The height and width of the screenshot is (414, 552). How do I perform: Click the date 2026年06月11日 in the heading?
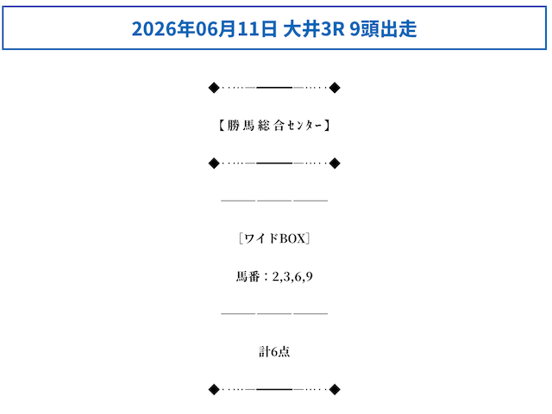click(204, 28)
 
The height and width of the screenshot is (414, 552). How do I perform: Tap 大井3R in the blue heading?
click(314, 28)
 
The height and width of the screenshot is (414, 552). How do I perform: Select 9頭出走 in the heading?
click(383, 28)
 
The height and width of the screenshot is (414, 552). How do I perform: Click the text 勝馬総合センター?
click(274, 126)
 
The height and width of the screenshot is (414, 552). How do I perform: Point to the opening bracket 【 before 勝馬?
click(222, 126)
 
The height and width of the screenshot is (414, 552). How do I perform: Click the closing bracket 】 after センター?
click(327, 126)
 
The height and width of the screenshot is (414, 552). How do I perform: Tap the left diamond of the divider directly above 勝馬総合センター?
click(214, 88)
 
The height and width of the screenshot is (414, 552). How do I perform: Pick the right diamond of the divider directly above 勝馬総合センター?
click(335, 88)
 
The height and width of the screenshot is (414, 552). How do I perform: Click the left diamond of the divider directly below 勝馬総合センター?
click(214, 164)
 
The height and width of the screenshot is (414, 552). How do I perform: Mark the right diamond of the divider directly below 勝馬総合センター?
click(335, 164)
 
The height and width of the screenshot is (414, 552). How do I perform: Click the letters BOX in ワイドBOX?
click(292, 238)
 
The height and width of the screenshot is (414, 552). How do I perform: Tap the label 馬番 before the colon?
click(248, 276)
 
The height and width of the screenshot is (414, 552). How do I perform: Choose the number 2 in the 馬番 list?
click(276, 277)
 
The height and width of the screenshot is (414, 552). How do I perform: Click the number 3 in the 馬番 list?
click(287, 277)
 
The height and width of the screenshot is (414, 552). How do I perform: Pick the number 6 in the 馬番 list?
click(298, 277)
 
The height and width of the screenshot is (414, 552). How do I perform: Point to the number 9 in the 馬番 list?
click(309, 277)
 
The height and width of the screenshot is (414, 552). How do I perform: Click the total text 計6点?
click(274, 352)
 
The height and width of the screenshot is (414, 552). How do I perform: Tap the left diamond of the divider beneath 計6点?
click(214, 389)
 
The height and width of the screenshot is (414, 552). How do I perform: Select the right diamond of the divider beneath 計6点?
click(335, 389)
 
